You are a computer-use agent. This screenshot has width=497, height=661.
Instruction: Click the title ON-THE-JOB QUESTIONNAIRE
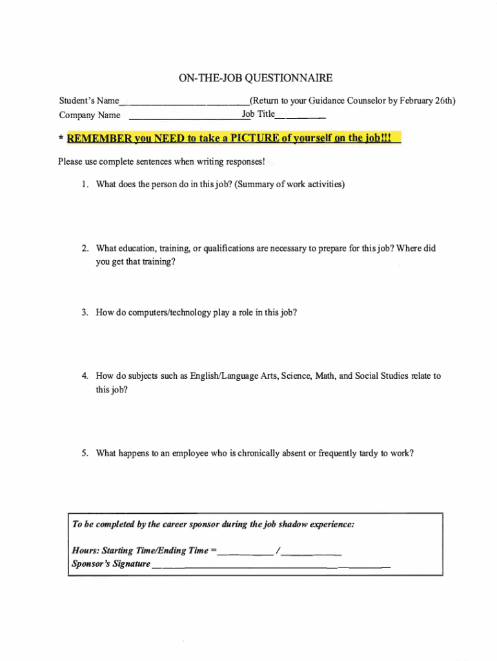(x=255, y=78)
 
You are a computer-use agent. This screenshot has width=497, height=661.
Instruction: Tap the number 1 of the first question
(x=85, y=185)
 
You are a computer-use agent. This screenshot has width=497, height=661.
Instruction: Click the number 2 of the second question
(x=85, y=249)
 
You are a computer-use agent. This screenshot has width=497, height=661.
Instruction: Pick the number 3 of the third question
(x=85, y=312)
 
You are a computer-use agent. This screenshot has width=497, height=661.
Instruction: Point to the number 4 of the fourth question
(x=85, y=376)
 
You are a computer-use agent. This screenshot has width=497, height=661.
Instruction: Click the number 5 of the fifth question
(x=85, y=453)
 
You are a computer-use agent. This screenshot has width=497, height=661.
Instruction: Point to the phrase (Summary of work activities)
(x=290, y=185)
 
